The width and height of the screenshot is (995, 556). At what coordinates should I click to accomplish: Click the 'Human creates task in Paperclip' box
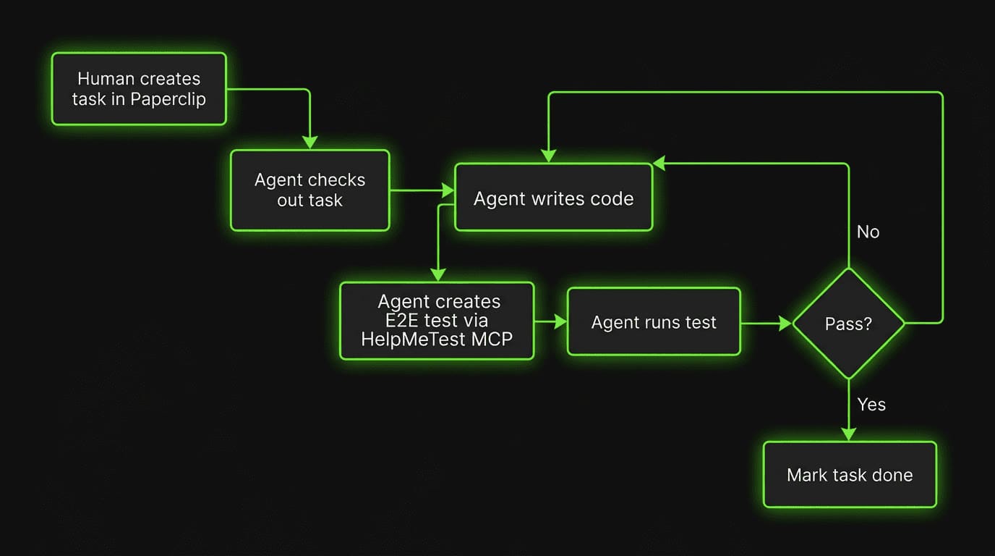click(139, 89)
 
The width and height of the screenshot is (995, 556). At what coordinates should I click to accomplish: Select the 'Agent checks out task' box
click(309, 190)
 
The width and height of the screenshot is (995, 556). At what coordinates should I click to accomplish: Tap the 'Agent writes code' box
click(553, 198)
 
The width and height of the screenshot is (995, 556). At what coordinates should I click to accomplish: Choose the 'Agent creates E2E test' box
click(437, 321)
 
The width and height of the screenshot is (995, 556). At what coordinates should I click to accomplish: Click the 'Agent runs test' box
click(654, 322)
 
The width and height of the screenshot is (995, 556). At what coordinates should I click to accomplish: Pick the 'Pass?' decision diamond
click(848, 324)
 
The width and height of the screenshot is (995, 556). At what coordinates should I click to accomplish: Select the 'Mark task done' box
click(850, 475)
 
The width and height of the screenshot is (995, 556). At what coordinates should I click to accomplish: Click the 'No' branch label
click(868, 232)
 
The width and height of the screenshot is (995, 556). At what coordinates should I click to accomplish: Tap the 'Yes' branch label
click(871, 404)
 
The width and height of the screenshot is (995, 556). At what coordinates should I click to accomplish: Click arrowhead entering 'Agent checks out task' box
click(309, 143)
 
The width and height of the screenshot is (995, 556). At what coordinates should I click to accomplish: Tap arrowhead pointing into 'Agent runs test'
click(560, 322)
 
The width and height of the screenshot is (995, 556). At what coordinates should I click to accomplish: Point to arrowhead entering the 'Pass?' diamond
click(785, 323)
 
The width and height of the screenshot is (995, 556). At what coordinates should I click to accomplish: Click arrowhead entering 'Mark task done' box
click(848, 434)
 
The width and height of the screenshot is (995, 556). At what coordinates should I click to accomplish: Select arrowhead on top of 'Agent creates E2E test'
click(437, 274)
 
